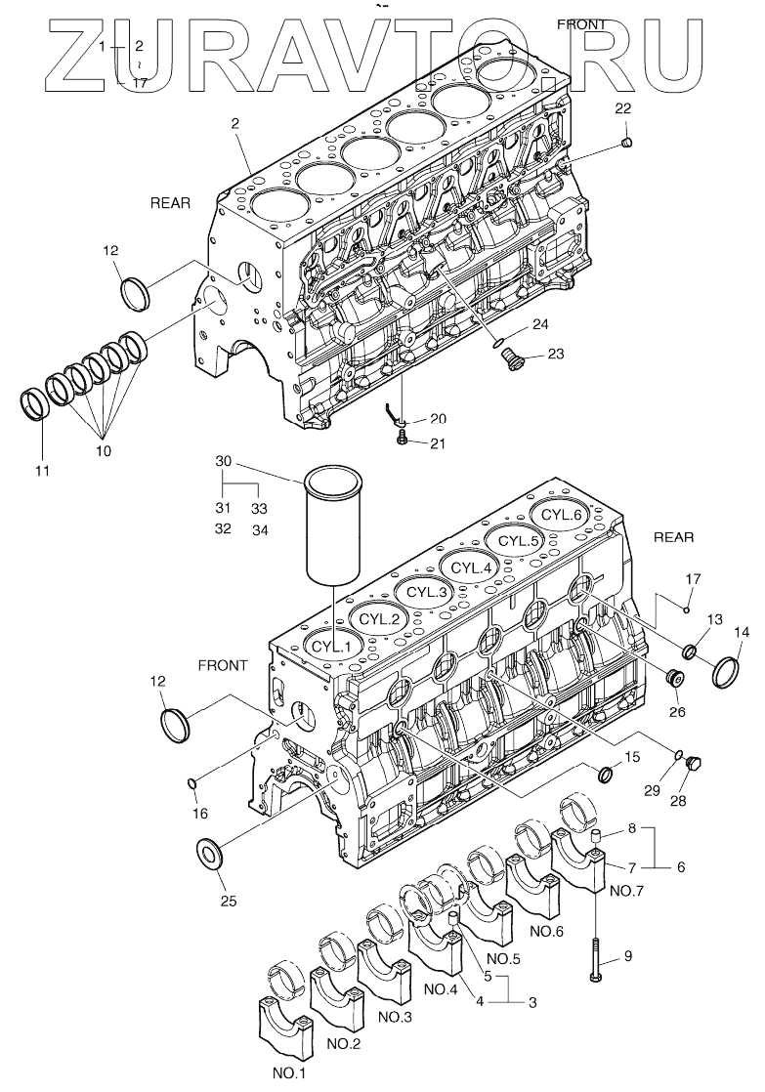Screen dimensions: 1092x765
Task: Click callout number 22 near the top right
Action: pos(623,108)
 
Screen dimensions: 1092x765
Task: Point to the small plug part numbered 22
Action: pos(628,144)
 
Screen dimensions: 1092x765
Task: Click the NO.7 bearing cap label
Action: pos(626,891)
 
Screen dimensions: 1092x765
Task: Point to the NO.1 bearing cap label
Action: pos(289,1073)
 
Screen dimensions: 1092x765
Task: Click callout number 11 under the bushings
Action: pos(41,472)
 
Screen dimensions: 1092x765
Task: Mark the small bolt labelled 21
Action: pos(404,441)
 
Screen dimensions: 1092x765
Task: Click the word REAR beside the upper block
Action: pos(170,203)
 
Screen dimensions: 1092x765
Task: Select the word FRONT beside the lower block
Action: pos(223,665)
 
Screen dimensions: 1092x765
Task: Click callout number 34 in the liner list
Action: pos(259,530)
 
